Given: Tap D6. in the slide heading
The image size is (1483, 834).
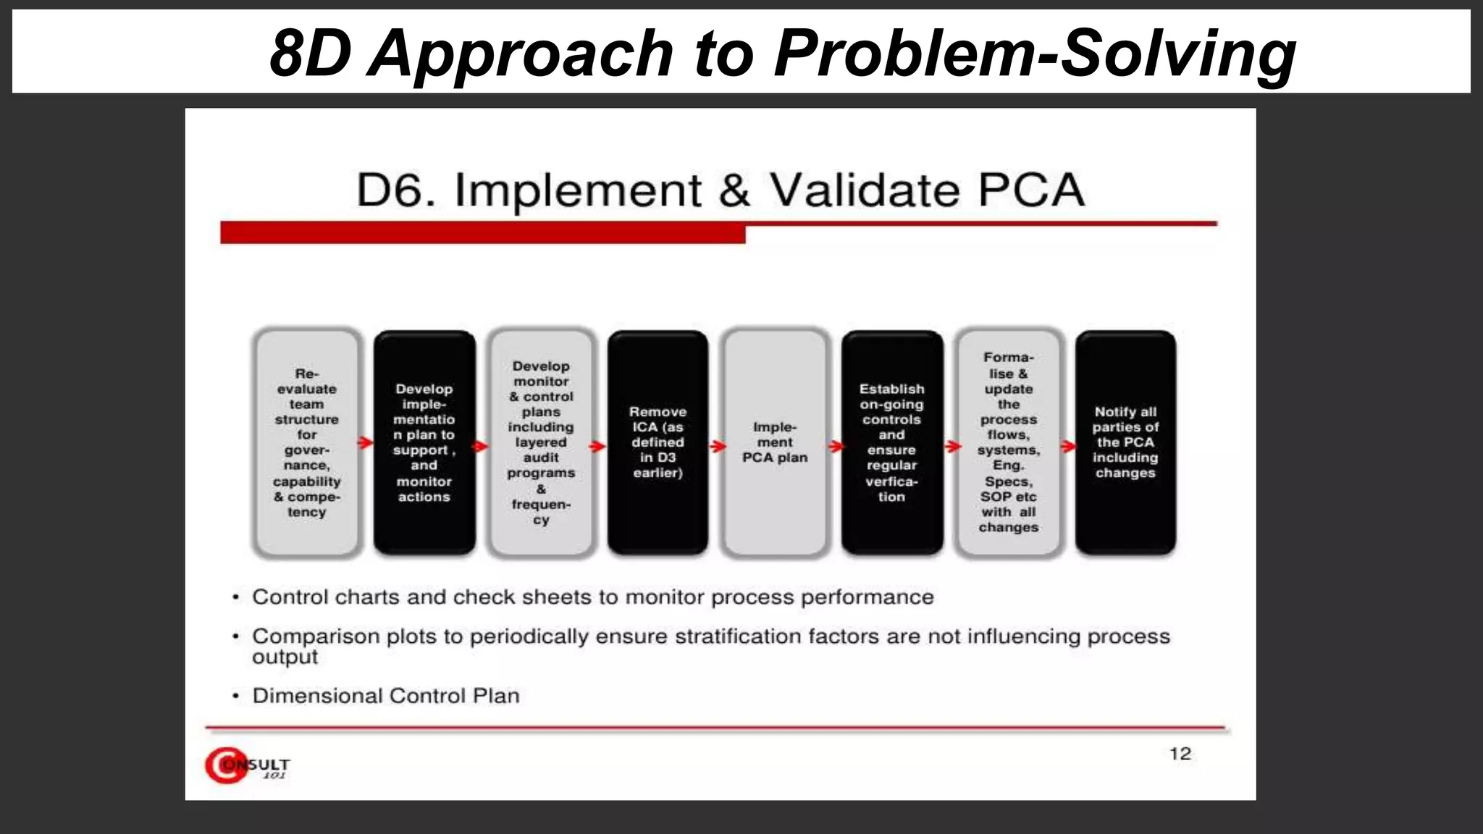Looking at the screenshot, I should pyautogui.click(x=396, y=190).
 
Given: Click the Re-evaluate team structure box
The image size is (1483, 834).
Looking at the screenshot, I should pyautogui.click(x=307, y=442).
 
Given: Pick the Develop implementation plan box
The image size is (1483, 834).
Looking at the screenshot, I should pyautogui.click(x=424, y=442).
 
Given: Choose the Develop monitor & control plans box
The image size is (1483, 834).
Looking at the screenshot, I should pyautogui.click(x=541, y=442).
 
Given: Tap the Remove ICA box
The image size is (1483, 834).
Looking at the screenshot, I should pyautogui.click(x=658, y=442).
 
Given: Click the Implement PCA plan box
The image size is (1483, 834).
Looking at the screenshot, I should pyautogui.click(x=775, y=442).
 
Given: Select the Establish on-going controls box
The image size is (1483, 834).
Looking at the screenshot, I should pyautogui.click(x=892, y=442).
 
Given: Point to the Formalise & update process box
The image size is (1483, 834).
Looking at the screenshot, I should pyautogui.click(x=1009, y=442).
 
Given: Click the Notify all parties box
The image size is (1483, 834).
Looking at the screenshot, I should pyautogui.click(x=1125, y=442).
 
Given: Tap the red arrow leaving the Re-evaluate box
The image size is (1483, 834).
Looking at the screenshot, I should pyautogui.click(x=366, y=442).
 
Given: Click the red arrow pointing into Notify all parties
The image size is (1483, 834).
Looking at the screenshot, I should pyautogui.click(x=1068, y=446).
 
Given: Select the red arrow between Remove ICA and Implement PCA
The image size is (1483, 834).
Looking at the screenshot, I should pyautogui.click(x=717, y=446).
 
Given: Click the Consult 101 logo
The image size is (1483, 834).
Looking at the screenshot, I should pyautogui.click(x=246, y=765).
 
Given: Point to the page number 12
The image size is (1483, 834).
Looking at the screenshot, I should pyautogui.click(x=1180, y=754).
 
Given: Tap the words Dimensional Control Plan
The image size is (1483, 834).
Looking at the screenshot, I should pyautogui.click(x=385, y=696).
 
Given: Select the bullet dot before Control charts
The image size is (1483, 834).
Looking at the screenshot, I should pyautogui.click(x=235, y=598).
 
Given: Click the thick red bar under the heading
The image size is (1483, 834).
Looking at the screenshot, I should pyautogui.click(x=482, y=233).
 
